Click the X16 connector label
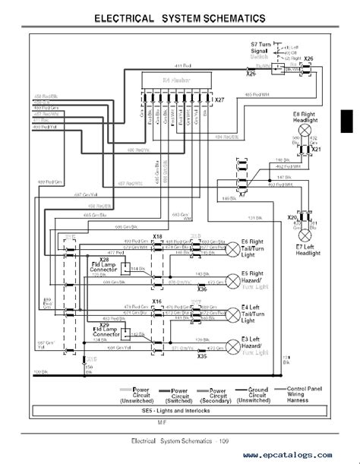coord(157,301)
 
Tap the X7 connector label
coord(242,194)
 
